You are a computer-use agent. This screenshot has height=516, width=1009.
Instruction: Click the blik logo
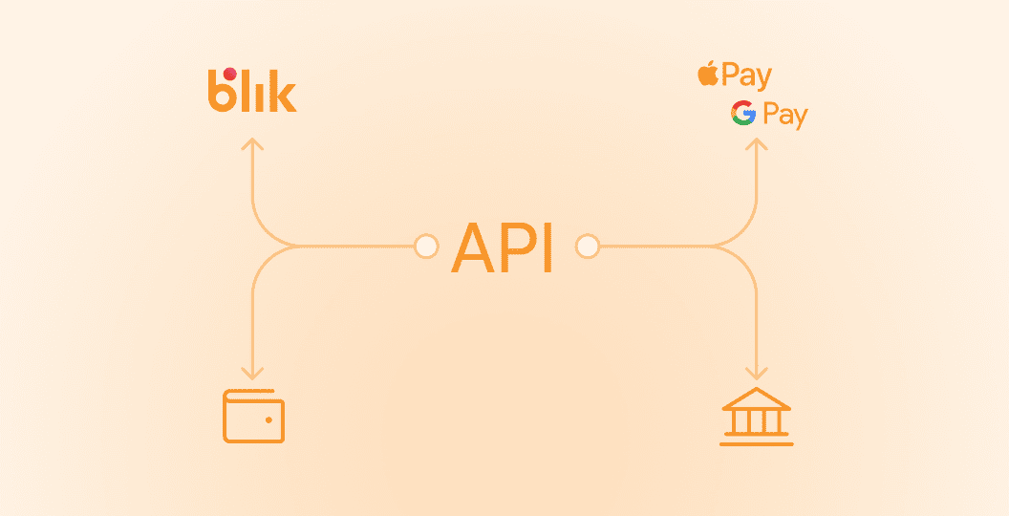point(251,91)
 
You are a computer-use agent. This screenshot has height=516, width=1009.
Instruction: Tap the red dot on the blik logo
point(228,74)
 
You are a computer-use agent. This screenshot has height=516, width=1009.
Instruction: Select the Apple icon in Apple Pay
point(708,74)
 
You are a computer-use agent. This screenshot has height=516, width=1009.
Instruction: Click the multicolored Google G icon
point(743,113)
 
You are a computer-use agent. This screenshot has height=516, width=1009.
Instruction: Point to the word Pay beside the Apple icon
point(747,76)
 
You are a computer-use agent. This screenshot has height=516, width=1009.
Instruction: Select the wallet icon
point(253,416)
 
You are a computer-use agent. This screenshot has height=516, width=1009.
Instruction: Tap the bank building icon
point(757,417)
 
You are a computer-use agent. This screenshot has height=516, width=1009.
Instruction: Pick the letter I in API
point(547,247)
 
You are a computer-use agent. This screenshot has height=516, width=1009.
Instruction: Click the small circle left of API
point(426,247)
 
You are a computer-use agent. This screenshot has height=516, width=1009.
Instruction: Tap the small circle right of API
point(587,247)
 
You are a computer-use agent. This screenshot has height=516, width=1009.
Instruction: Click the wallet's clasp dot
point(269,419)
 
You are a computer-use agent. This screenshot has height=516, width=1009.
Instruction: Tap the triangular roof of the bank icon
point(757,398)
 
